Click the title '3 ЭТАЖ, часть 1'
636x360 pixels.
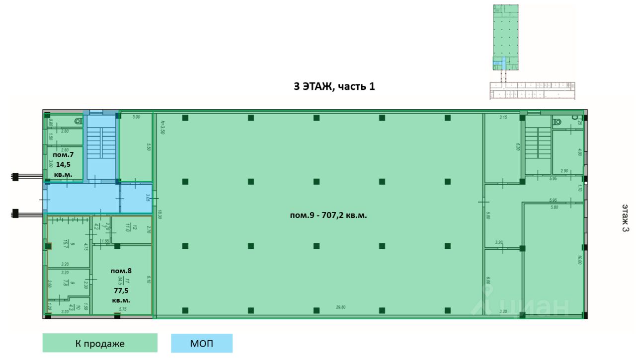click(334, 86)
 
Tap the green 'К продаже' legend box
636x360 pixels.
click(100, 343)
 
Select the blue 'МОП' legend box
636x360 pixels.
click(202, 343)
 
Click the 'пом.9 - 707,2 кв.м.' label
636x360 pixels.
click(328, 216)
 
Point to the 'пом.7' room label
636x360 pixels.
click(63, 155)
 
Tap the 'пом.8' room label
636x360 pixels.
click(121, 271)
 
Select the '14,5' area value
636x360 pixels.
click(63, 164)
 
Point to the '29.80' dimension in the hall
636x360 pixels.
click(340, 307)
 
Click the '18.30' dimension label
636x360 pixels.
click(160, 215)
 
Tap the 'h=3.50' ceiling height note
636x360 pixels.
click(162, 129)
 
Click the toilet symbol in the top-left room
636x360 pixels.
click(78, 121)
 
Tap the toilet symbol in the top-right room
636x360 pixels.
click(557, 121)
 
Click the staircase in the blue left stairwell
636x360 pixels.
click(101, 146)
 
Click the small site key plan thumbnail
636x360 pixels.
click(532, 52)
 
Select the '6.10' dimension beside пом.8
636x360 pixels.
click(148, 280)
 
